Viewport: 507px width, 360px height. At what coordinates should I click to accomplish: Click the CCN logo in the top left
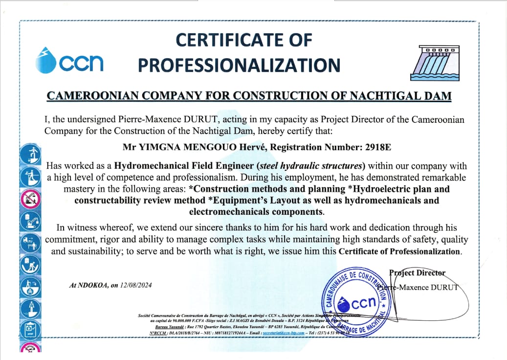pos(69,61)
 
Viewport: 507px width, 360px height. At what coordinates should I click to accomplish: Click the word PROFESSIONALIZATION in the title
pos(239,65)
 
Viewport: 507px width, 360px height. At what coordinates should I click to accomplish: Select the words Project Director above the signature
pos(417,272)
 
